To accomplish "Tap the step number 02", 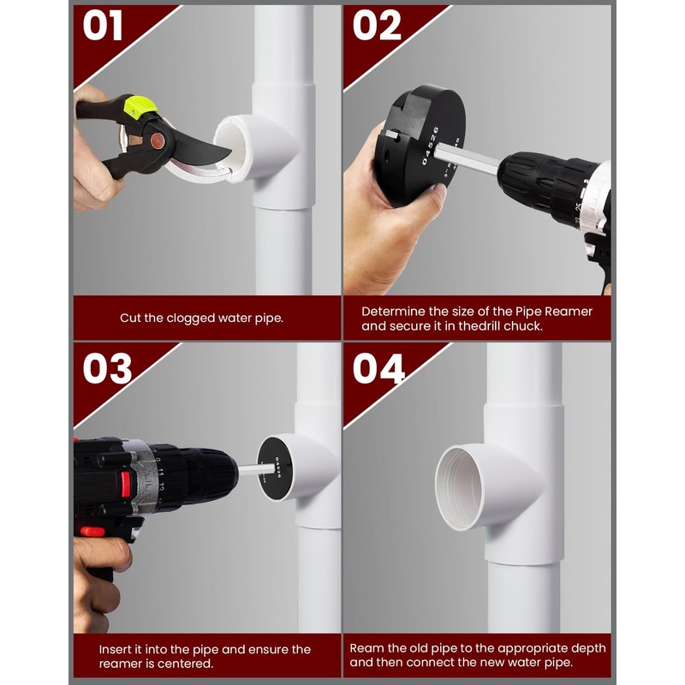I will tap(378, 26).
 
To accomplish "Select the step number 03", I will tap(107, 368).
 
